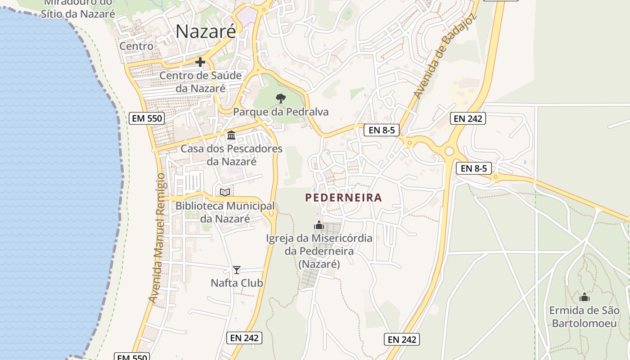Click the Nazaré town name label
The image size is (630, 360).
pos(206,31)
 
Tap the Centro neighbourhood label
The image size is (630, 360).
pos(136,46)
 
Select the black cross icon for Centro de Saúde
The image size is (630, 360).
pos(200,62)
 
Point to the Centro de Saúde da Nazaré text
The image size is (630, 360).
pos(201,81)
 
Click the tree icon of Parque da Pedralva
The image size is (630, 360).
pos(281,98)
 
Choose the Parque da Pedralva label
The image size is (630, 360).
pos(281,112)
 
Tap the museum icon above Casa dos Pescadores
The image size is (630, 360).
pos(231,135)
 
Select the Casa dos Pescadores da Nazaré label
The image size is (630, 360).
pos(231,155)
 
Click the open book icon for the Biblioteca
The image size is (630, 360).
pos(225,193)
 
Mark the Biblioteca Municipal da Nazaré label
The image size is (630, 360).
pos(225,212)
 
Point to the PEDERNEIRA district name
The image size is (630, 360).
pos(343,198)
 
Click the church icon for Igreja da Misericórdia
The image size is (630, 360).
pos(319,225)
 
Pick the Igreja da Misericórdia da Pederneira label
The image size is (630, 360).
pos(319,251)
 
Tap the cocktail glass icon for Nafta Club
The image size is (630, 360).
pos(237,270)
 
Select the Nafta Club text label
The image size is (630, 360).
pos(237,283)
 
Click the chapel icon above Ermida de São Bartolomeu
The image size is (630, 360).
pos(585,297)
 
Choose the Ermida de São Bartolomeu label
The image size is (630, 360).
pos(585,317)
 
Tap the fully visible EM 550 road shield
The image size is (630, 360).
pos(147,118)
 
